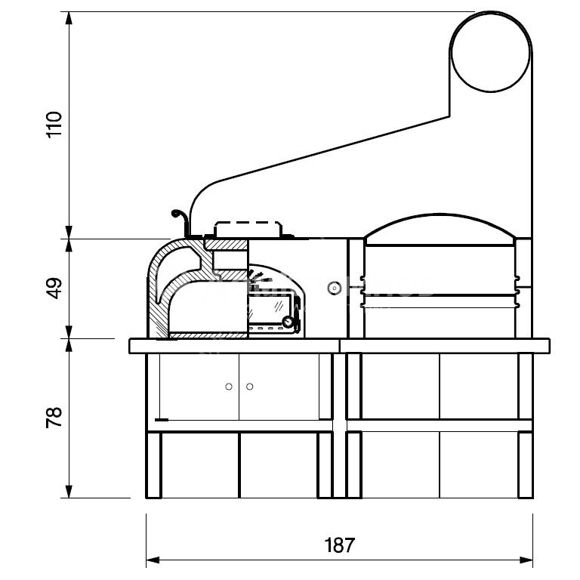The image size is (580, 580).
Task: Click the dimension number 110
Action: [x=54, y=125]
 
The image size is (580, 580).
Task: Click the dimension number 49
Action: [x=54, y=288]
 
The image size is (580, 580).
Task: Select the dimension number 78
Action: [x=54, y=418]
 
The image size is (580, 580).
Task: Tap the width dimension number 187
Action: [x=339, y=545]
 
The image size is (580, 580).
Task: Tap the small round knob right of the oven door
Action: [x=335, y=288]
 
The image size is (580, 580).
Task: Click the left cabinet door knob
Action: [x=229, y=387]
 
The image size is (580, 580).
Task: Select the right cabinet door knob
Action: [x=250, y=387]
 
